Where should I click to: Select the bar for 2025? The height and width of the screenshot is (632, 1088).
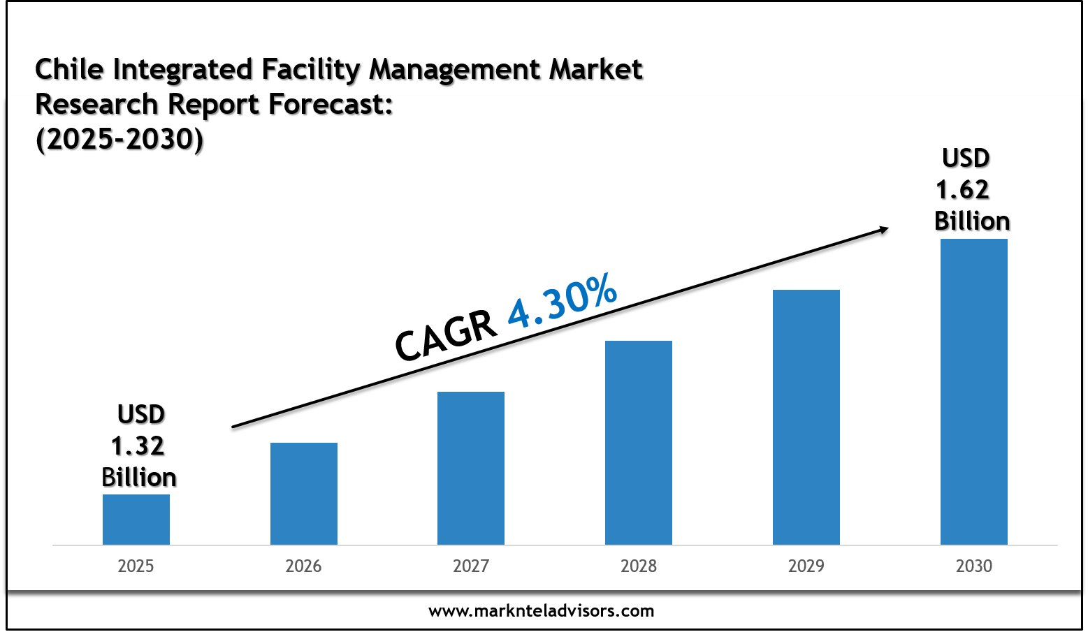pyautogui.click(x=136, y=520)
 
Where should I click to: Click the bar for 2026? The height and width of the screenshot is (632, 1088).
pyautogui.click(x=304, y=494)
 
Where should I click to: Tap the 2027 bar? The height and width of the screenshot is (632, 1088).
pyautogui.click(x=471, y=468)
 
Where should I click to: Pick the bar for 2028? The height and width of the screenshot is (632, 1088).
pyautogui.click(x=639, y=443)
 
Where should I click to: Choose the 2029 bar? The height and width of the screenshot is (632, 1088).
pyautogui.click(x=806, y=417)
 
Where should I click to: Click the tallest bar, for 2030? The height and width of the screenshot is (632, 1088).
pyautogui.click(x=974, y=392)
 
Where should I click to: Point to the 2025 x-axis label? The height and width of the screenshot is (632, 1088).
pyautogui.click(x=136, y=566)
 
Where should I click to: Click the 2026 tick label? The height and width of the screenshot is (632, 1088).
pyautogui.click(x=304, y=566)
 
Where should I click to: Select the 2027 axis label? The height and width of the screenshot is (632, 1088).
pyautogui.click(x=471, y=566)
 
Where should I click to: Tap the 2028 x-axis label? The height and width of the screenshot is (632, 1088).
pyautogui.click(x=639, y=566)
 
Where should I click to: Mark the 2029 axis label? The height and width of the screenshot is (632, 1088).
pyautogui.click(x=806, y=566)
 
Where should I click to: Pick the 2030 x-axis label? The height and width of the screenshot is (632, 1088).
pyautogui.click(x=974, y=566)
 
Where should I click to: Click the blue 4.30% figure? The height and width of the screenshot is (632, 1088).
pyautogui.click(x=563, y=302)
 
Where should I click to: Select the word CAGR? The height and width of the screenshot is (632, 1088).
pyautogui.click(x=446, y=336)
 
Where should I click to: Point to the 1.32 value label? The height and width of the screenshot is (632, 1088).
pyautogui.click(x=138, y=446)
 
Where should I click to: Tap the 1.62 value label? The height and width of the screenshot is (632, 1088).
pyautogui.click(x=963, y=189)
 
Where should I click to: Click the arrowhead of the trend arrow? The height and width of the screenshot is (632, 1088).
pyautogui.click(x=884, y=228)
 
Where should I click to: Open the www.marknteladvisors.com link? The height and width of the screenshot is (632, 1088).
pyautogui.click(x=542, y=611)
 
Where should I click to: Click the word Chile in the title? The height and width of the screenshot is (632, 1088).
pyautogui.click(x=70, y=69)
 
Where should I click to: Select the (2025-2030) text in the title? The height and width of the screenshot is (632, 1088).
pyautogui.click(x=119, y=140)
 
